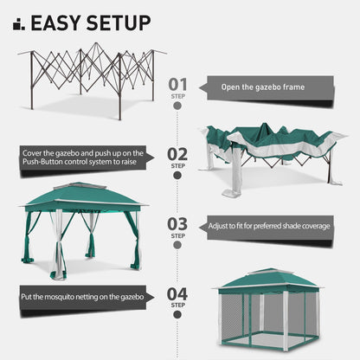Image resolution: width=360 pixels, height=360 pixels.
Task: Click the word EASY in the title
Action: pyautogui.click(x=63, y=22)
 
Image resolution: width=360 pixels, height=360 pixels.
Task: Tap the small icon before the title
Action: pyautogui.click(x=18, y=23)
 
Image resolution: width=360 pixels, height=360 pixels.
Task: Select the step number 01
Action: pyautogui.click(x=177, y=84)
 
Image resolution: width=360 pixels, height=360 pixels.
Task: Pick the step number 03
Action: pyautogui.click(x=177, y=223)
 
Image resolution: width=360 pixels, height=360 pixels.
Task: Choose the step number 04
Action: pyautogui.click(x=177, y=293)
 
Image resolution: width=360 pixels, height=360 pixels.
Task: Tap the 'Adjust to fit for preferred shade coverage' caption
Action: pyautogui.click(x=267, y=227)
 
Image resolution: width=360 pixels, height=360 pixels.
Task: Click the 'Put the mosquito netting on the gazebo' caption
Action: pyautogui.click(x=83, y=297)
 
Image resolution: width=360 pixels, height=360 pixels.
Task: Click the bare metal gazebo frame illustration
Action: pyautogui.click(x=91, y=78)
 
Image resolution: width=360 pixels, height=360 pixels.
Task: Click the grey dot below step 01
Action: pyautogui.click(x=177, y=106)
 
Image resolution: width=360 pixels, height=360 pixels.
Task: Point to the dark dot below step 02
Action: pyautogui.click(x=177, y=176)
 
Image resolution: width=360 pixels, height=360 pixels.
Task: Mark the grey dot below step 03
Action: pyautogui.click(x=177, y=246)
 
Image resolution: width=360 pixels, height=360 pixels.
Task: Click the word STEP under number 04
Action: pyautogui.click(x=177, y=305)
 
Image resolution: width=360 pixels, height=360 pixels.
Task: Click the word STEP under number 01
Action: pyautogui.click(x=177, y=95)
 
